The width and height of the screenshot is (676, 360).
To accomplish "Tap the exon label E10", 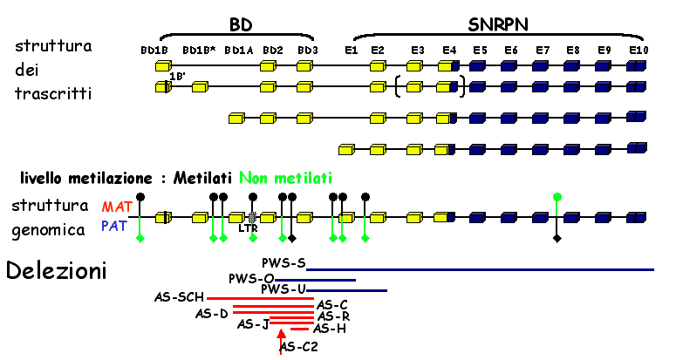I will pos(638,51).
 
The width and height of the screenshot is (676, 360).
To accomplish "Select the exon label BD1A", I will pos(238,51).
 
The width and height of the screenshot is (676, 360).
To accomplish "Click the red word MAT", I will pos(118,207).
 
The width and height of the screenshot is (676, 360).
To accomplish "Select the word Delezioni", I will pos(56,271).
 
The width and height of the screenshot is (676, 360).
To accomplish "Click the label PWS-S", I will pos(283,262).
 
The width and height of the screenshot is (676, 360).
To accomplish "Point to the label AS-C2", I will pos(299,348).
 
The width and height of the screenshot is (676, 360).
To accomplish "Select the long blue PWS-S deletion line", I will pos(480,269).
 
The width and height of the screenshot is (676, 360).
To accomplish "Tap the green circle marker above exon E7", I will pos(557,196).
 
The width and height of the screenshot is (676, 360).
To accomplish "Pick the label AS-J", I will pos(252,325).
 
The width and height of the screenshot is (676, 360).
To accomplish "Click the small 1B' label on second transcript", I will pos(175,76).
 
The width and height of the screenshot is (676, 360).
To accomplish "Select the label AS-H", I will pos(328,329).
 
